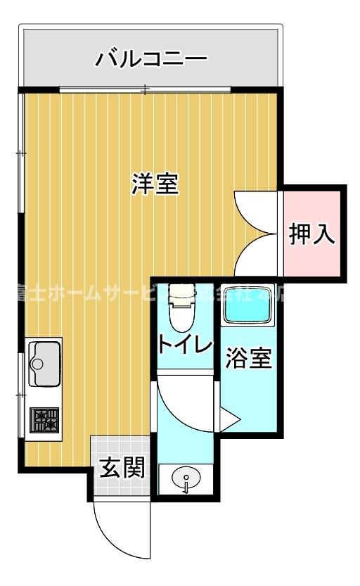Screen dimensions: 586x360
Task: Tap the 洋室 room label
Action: click(x=155, y=184)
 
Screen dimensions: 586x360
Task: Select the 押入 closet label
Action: click(x=312, y=235)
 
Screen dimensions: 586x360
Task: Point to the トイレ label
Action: click(x=184, y=345)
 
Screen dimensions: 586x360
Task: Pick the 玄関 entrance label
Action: click(x=122, y=468)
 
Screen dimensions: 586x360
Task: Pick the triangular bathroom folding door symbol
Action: click(x=229, y=420)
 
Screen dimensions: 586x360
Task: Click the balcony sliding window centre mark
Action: click(x=145, y=89)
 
